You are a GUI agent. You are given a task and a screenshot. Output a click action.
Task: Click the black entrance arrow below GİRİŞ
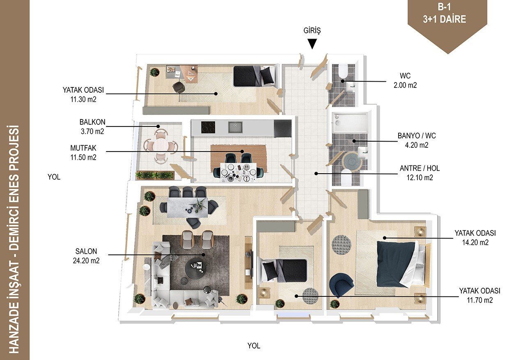click(312, 44)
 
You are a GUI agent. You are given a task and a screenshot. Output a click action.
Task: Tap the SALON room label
click(86, 251)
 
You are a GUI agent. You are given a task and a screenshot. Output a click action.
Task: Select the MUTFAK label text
click(83, 148)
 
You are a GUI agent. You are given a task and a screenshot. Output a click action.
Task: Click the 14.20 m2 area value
click(475, 243)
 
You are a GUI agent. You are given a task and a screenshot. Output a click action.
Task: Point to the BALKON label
click(92, 122)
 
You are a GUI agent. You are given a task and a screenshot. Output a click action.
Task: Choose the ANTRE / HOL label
click(420, 168)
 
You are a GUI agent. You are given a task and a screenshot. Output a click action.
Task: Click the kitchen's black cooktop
click(208, 128)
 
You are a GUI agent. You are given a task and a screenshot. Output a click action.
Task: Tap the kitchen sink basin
click(235, 128)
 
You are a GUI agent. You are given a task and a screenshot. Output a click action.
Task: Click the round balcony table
click(160, 145)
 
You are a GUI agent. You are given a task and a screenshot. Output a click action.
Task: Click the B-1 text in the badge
click(444, 7)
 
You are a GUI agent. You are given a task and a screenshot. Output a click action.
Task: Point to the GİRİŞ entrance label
click(312, 31)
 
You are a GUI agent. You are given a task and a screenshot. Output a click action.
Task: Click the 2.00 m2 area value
click(405, 85)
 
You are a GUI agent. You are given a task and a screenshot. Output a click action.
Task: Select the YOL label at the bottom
click(254, 346)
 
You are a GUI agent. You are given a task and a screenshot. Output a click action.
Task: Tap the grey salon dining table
click(188, 207)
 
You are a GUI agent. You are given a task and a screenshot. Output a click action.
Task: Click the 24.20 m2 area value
click(86, 261)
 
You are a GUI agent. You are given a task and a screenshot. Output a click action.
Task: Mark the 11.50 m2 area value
click(83, 158)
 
